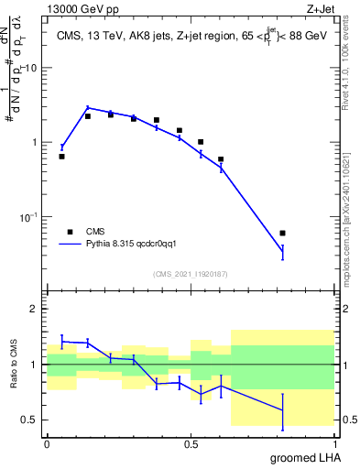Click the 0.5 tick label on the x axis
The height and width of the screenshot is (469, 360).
[x=191, y=443]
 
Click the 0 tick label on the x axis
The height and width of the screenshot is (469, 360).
[x=47, y=443]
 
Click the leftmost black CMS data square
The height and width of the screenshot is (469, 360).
[x=61, y=157]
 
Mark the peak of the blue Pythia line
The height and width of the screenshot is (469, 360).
[x=88, y=107]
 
